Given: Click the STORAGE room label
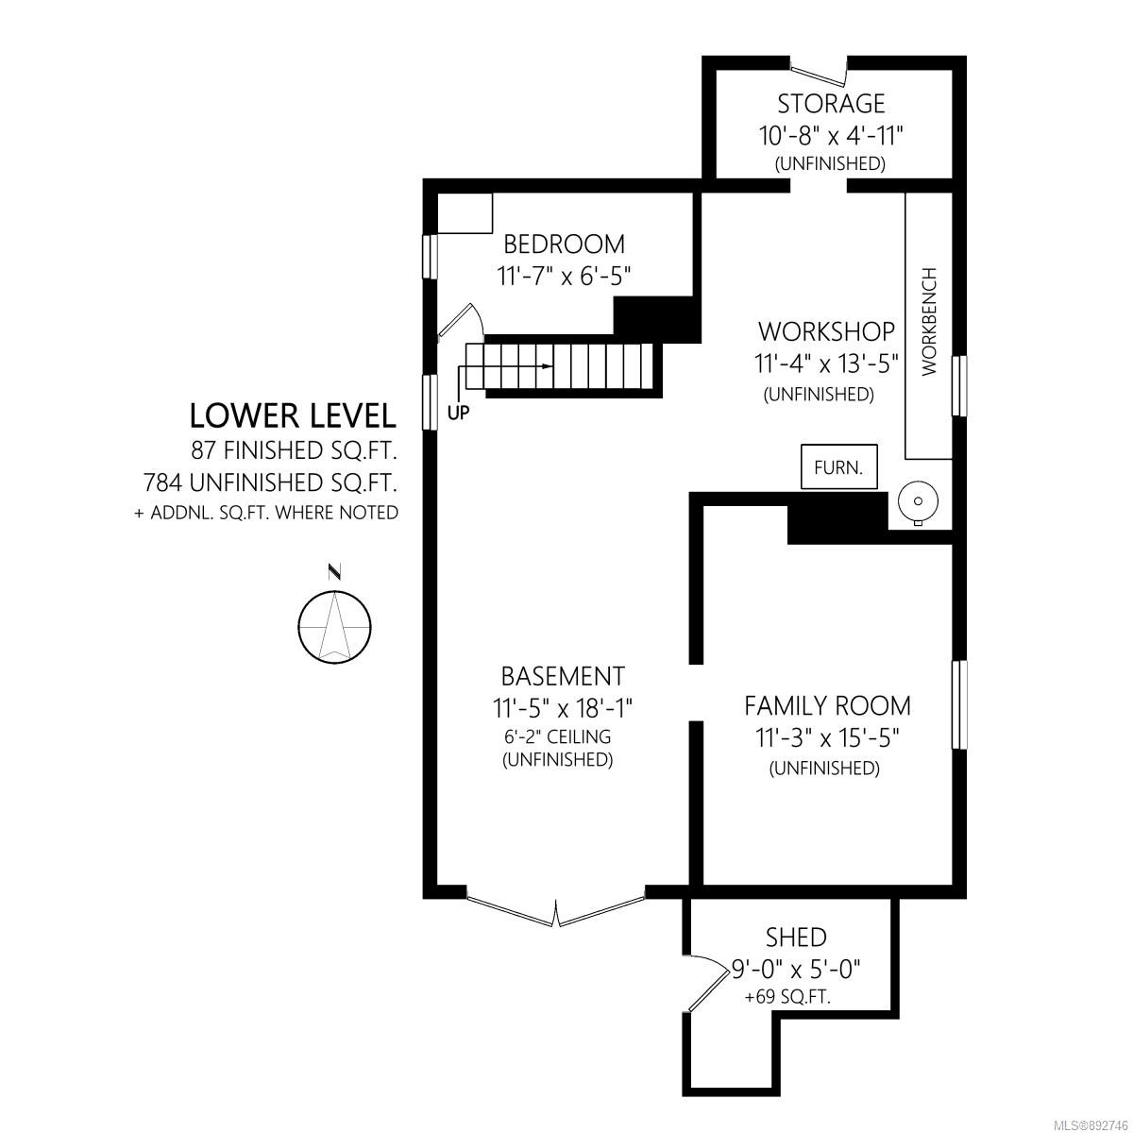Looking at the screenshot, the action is coord(831,104).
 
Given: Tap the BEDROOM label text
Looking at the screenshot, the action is coord(564,245).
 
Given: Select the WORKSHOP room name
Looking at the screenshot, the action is coord(826,331).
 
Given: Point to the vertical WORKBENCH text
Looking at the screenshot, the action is coord(929,321).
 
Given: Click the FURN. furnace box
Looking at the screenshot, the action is coord(839,466).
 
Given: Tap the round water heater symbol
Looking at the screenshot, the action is coord(918,502).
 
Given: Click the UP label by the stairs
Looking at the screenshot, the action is coord(459,414).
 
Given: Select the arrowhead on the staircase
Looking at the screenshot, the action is coord(547,366).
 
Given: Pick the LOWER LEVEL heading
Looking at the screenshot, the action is coord(292,415).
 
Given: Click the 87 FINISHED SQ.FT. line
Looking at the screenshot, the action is coord(294,451).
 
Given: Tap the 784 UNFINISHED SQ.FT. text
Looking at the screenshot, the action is coord(270,482).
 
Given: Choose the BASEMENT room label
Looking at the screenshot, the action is coord(563,677).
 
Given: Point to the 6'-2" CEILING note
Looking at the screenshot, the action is coord(557,736).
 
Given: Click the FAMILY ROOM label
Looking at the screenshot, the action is coord(827,705).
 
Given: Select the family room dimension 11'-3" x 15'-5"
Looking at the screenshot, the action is coord(827,737).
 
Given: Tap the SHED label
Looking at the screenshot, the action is coord(796,938).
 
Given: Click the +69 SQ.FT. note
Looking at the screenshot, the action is coord(787,997).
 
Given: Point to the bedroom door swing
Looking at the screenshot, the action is coord(461,322).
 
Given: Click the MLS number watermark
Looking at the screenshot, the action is coord(1093,1123).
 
